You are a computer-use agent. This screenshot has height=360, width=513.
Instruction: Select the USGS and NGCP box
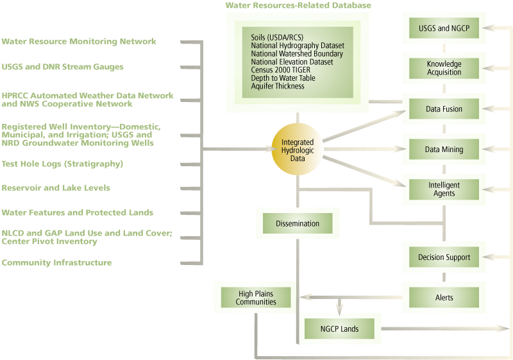[x=444, y=28]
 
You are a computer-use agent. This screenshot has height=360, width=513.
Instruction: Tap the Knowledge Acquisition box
[x=444, y=68]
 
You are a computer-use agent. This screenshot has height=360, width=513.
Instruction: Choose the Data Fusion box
[x=444, y=109]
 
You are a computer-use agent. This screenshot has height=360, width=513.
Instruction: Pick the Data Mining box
[x=444, y=150]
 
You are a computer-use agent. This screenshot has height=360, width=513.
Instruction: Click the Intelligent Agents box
[x=444, y=189]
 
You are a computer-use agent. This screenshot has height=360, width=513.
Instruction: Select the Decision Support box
[x=444, y=257]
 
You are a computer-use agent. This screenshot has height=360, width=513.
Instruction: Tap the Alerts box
[x=444, y=298]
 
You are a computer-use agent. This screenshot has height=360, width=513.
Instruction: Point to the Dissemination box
[x=298, y=224]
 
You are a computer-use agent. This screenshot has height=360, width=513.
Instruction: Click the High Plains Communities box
[x=256, y=298]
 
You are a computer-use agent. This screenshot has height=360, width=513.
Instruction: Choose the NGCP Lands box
[x=339, y=329]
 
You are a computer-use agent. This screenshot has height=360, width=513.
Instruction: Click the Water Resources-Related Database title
[x=298, y=6]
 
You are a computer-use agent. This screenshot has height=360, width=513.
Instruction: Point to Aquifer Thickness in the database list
[x=278, y=86]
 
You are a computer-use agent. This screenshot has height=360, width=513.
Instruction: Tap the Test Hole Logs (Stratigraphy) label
[x=62, y=164]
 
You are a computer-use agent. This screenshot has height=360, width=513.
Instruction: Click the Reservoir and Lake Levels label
[x=55, y=188]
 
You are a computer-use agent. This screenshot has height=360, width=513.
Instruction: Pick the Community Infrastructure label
[x=56, y=262]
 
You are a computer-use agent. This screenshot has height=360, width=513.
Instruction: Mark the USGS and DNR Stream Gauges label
[x=62, y=67]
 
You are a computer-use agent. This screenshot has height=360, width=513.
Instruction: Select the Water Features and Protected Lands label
[x=77, y=212]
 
